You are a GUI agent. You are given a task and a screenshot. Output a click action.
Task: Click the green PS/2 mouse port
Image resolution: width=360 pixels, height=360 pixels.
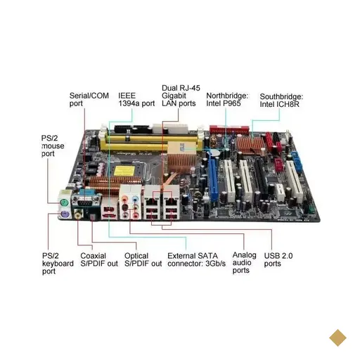pyautogui.click(x=63, y=203)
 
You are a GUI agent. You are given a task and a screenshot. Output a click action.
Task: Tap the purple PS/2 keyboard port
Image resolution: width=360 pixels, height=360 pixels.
pyautogui.click(x=65, y=214)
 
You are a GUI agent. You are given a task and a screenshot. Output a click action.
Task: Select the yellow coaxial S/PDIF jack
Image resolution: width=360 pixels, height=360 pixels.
pyautogui.click(x=78, y=214)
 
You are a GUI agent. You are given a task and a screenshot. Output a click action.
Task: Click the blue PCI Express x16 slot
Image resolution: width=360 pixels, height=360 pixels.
pyautogui.click(x=214, y=179)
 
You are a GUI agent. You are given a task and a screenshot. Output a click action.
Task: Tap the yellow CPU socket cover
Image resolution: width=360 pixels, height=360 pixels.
pyautogui.click(x=122, y=172)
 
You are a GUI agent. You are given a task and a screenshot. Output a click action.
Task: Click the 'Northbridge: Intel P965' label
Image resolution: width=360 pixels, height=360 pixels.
pyautogui.click(x=227, y=99)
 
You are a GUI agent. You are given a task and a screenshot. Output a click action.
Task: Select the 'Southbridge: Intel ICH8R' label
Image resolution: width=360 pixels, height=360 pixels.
pyautogui.click(x=281, y=101)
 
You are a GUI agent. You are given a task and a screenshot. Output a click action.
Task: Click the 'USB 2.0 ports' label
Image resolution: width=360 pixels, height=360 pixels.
pyautogui.click(x=278, y=259)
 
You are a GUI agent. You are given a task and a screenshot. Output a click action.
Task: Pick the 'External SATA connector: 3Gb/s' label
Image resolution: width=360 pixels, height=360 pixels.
pyautogui.click(x=196, y=259)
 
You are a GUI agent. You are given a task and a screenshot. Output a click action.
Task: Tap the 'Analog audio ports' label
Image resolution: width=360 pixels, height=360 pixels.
pyautogui.click(x=244, y=262)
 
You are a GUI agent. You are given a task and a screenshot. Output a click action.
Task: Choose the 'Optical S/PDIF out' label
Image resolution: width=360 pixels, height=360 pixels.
pyautogui.click(x=143, y=259)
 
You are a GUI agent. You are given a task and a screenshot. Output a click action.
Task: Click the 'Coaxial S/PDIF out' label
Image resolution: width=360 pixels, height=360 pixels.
pyautogui.click(x=99, y=259)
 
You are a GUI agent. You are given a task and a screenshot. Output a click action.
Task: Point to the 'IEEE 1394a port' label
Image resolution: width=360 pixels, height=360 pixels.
pyautogui.click(x=136, y=99)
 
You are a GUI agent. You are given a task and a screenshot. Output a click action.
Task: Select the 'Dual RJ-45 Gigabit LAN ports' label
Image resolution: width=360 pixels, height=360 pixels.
pyautogui.click(x=181, y=96)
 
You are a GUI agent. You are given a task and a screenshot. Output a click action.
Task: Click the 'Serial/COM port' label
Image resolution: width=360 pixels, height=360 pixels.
pyautogui.click(x=89, y=99)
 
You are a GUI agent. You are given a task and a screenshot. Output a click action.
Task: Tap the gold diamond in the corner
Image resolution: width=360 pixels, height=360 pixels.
pyautogui.click(x=337, y=337)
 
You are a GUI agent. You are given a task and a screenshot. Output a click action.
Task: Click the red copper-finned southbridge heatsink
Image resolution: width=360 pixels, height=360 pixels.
pyautogui.click(x=250, y=146)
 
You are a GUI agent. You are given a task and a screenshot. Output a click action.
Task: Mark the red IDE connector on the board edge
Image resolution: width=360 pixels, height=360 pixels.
pyautogui.click(x=229, y=130)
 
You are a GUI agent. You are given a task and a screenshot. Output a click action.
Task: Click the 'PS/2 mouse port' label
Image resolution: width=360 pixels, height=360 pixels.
pyautogui.click(x=53, y=146)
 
